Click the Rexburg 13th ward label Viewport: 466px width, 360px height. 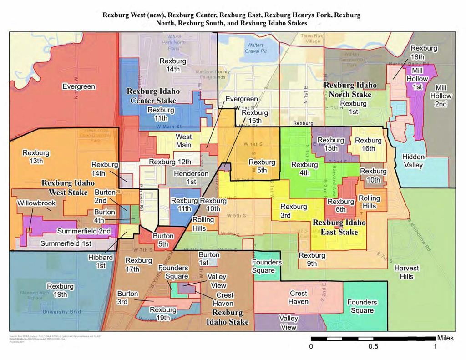[33, 157]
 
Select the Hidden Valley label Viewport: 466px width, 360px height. [414, 161]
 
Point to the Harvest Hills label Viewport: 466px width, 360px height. [407, 272]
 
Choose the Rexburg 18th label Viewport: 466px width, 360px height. [424, 52]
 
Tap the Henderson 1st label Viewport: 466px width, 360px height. [191, 177]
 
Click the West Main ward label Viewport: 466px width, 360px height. [184, 141]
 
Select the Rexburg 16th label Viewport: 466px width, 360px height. [368, 144]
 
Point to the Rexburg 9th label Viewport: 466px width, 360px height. [312, 259]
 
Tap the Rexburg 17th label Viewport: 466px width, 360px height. [139, 264]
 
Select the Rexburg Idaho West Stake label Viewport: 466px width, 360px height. [68, 187]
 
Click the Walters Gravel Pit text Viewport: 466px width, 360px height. [256, 49]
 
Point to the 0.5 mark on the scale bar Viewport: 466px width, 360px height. [373, 346]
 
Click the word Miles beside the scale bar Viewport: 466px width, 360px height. [445, 338]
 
